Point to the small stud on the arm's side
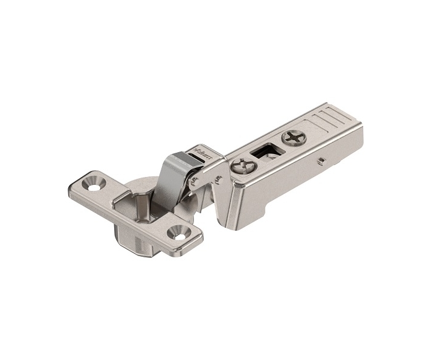pos(323,161)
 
